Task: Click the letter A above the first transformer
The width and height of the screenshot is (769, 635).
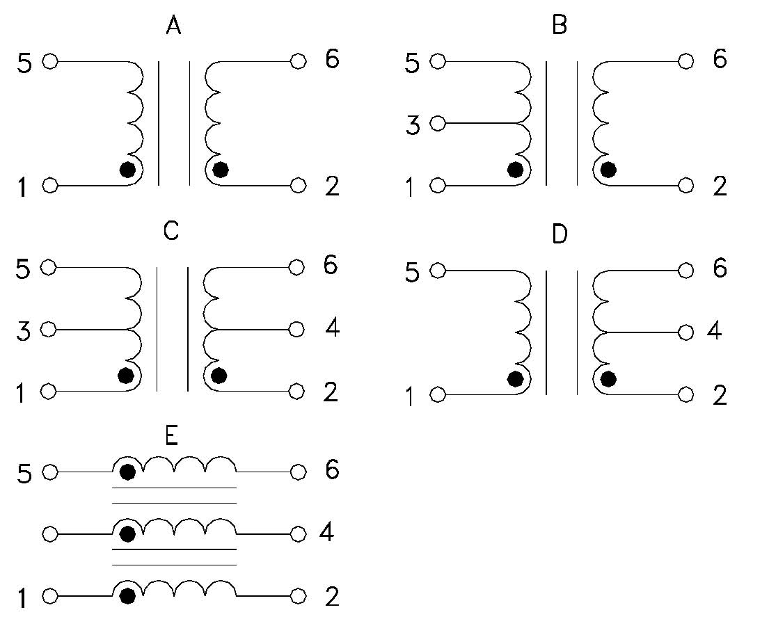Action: [174, 26]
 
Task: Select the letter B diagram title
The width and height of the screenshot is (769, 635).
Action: [559, 26]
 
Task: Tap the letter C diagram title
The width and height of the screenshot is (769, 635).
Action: [171, 231]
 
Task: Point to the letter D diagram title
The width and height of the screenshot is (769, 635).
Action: [559, 235]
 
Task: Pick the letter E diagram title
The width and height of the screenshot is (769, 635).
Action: [172, 436]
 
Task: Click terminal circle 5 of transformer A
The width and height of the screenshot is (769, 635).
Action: [49, 62]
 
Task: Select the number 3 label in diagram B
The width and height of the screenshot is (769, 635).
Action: [413, 127]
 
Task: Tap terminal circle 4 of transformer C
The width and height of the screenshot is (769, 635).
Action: [298, 329]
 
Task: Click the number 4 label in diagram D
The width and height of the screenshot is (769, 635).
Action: [715, 331]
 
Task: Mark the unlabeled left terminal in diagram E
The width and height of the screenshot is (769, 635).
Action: [49, 534]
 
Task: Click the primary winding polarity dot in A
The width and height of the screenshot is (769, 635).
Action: [127, 170]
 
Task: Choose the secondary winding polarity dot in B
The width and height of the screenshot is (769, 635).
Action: [608, 170]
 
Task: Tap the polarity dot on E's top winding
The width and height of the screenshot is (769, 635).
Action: [127, 473]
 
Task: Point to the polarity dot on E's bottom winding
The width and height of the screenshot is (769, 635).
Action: [127, 596]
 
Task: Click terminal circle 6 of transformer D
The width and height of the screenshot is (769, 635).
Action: [685, 270]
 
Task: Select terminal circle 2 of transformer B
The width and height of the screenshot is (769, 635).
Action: [685, 185]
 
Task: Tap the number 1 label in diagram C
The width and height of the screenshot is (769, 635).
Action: [22, 394]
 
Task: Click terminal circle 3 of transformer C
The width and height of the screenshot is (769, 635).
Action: [49, 329]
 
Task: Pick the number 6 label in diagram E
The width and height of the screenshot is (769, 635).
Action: [332, 471]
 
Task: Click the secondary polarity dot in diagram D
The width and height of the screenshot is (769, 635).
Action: [608, 379]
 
